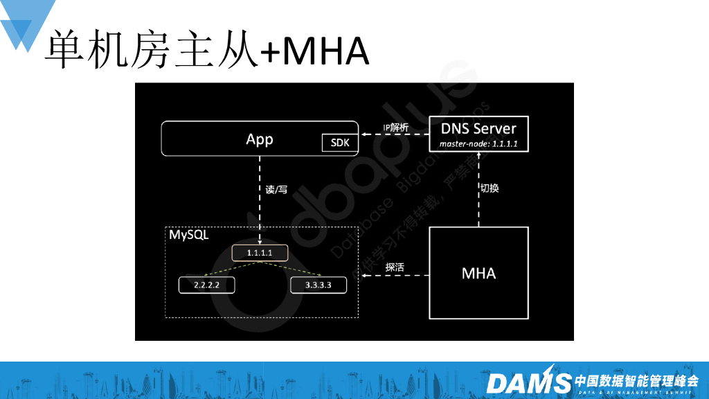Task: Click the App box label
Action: point(260,139)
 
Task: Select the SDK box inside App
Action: point(339,144)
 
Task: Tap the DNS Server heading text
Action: point(478,129)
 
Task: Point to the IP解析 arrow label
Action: point(395,127)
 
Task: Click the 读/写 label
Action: point(276,189)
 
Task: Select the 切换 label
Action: point(489,188)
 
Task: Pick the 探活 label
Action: point(395,266)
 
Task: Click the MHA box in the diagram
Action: point(478,273)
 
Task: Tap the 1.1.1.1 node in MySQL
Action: point(260,253)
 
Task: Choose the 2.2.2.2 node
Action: point(208,285)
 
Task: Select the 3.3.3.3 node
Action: point(318,285)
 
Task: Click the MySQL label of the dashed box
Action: point(189,235)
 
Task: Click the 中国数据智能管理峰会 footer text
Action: point(636,380)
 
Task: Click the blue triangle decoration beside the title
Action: point(24,24)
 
